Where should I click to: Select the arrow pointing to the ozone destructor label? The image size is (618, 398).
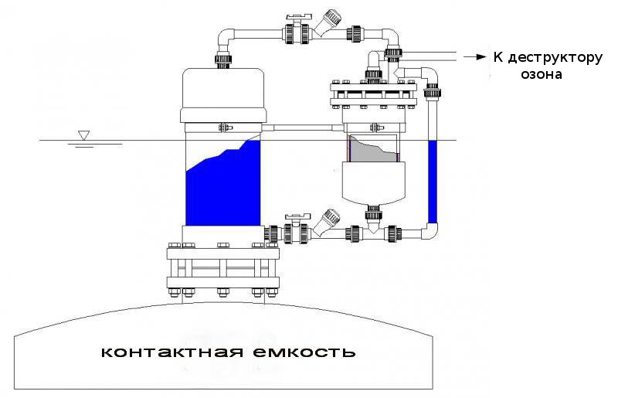472,56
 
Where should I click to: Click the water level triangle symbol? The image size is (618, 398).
83,135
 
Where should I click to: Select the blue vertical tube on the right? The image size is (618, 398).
432,182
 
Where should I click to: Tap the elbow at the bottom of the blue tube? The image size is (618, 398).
431,230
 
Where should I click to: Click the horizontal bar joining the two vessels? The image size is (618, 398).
301,126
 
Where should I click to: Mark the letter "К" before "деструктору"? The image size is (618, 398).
499,58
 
